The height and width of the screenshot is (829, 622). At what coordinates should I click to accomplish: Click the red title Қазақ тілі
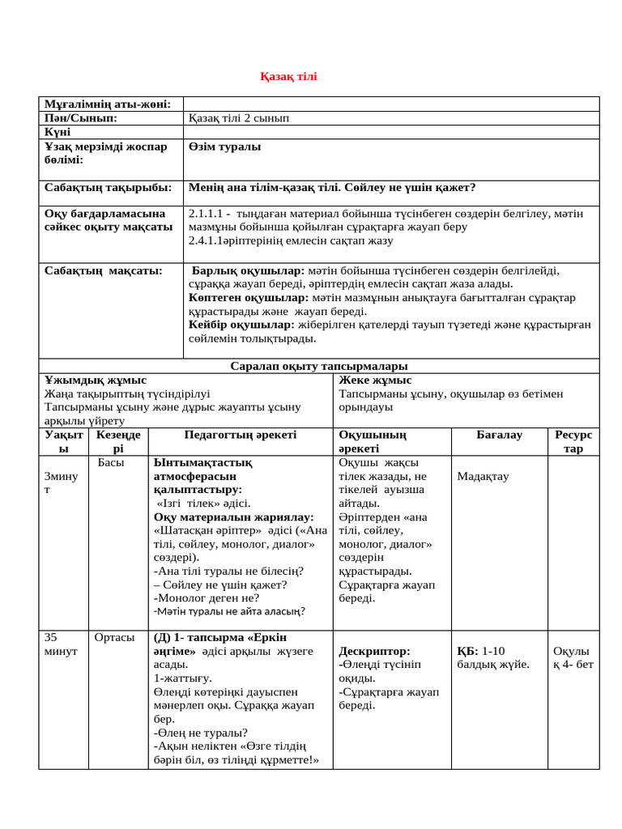point(289,77)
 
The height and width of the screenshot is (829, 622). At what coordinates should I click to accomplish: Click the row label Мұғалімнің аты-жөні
point(107,104)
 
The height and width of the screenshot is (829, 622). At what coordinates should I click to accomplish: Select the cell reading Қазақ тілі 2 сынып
point(238,118)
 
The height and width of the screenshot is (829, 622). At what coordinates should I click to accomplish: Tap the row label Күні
point(58,132)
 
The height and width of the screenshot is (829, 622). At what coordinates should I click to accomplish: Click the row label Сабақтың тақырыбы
point(108,188)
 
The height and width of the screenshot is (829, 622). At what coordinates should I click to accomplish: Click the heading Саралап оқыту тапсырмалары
point(319,367)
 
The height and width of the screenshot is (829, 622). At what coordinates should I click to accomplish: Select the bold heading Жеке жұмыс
point(375,380)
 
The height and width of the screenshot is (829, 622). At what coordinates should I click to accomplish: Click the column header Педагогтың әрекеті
point(241,435)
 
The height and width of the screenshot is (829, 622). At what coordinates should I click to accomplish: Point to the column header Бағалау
point(499,435)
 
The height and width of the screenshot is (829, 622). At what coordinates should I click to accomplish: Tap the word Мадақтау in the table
point(483,476)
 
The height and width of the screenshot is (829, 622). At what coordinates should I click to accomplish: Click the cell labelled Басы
point(110,462)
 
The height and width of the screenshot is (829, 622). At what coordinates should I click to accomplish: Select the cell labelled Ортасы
point(115,638)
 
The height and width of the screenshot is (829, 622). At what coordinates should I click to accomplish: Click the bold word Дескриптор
point(375,651)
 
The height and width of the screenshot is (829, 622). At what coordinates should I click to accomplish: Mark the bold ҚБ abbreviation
point(467,651)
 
